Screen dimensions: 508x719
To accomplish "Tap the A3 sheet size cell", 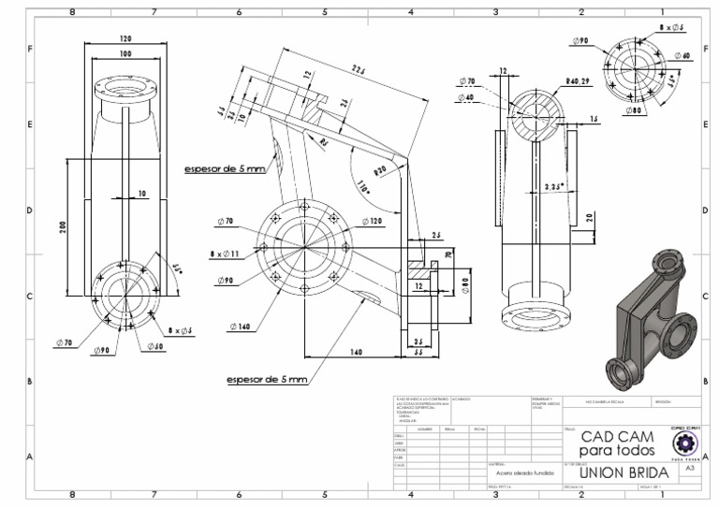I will [x=689, y=473].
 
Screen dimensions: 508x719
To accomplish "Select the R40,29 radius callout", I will [x=580, y=81].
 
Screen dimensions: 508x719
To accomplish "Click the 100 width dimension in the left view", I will [x=124, y=55].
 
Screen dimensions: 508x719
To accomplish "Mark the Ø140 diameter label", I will [x=239, y=327].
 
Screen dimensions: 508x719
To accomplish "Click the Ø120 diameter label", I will [x=371, y=221].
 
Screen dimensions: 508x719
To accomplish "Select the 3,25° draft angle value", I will [x=555, y=187].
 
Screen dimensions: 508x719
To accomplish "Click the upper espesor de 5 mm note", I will [x=224, y=168].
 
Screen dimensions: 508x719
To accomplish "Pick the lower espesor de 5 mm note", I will [x=266, y=380].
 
